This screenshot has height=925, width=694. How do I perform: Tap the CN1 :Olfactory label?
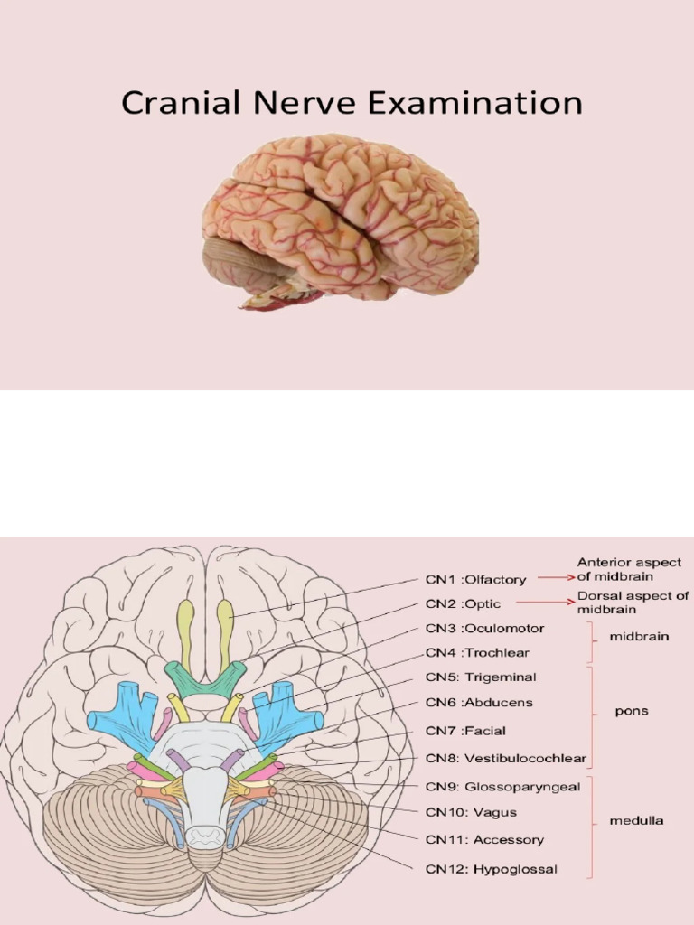point(475,580)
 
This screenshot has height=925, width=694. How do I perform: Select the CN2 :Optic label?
point(463,604)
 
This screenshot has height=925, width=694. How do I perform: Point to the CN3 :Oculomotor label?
point(484,629)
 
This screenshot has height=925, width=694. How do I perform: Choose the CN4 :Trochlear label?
point(477,653)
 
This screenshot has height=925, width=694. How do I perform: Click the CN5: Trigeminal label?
point(481,677)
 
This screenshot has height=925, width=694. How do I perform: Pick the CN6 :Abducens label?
point(479,703)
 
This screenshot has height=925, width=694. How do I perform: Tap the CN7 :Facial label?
point(465,731)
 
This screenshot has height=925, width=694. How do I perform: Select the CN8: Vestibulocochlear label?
point(505,759)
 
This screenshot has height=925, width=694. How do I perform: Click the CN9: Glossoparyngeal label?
point(502,787)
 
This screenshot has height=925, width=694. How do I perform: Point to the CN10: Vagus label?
point(471,813)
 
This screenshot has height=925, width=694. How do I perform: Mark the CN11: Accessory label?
point(484,840)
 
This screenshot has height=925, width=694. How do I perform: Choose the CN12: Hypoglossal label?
point(491,870)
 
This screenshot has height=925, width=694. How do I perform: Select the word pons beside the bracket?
point(632,712)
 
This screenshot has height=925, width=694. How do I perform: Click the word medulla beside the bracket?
point(636,821)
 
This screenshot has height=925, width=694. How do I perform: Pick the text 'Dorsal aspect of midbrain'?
point(633,603)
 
